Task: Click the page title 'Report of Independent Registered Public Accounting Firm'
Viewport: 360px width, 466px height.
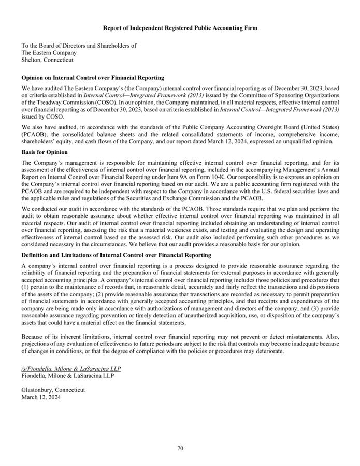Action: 180,27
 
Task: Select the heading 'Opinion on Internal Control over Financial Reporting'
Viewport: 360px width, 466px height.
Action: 93,78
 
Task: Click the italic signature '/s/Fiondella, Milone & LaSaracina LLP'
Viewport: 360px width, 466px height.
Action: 71,369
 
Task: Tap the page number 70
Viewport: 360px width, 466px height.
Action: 180,448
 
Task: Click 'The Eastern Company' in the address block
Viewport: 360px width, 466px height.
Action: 49,53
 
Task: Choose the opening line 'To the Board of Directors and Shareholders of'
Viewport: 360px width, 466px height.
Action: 79,46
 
